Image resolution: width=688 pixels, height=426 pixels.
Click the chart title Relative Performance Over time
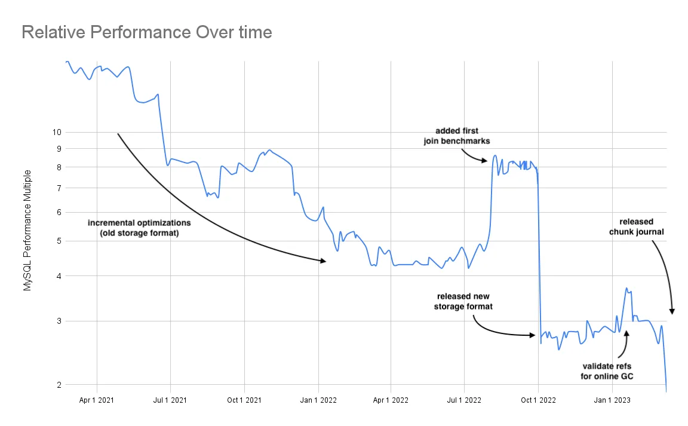click(x=146, y=32)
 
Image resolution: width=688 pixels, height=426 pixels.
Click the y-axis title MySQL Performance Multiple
click(x=27, y=231)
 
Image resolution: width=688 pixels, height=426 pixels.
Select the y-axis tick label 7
click(x=59, y=188)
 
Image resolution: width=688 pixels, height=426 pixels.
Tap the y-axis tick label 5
click(x=59, y=241)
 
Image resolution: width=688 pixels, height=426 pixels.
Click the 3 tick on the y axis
click(x=59, y=321)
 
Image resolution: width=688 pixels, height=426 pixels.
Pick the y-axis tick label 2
click(x=59, y=385)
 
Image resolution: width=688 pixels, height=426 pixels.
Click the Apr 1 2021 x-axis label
click(x=97, y=400)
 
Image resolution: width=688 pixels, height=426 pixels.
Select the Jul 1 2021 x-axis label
click(x=171, y=400)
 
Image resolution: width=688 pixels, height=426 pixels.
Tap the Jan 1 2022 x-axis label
click(x=318, y=400)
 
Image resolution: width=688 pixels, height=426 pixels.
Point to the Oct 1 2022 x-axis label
click(x=538, y=400)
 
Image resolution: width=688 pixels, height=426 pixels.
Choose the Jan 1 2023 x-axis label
click(x=612, y=400)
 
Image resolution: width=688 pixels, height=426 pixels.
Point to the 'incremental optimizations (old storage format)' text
click(x=139, y=228)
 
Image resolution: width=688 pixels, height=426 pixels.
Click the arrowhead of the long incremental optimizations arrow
click(x=323, y=261)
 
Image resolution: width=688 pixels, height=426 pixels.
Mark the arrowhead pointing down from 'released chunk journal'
click(x=672, y=311)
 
